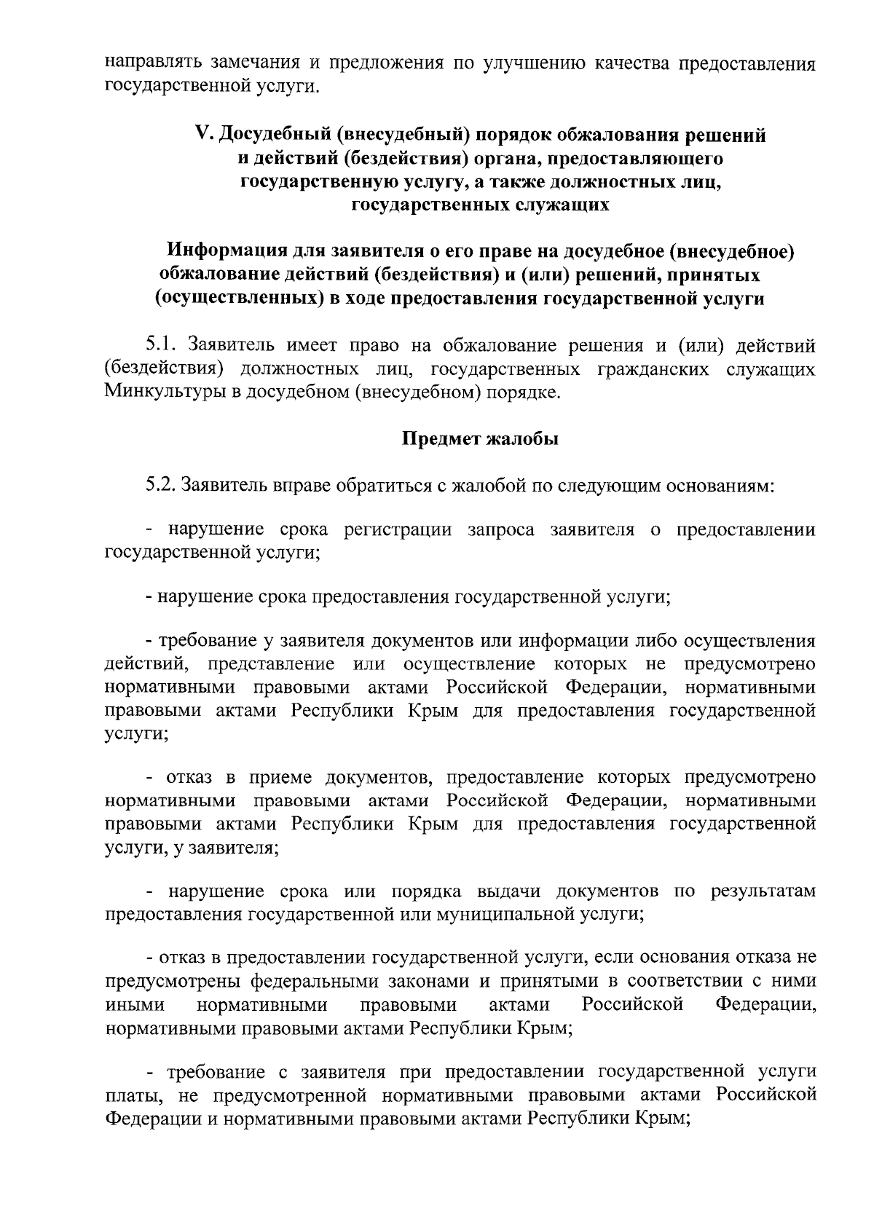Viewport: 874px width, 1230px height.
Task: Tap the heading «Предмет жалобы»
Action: pyautogui.click(x=480, y=439)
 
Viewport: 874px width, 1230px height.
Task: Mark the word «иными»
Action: pyautogui.click(x=135, y=1005)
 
